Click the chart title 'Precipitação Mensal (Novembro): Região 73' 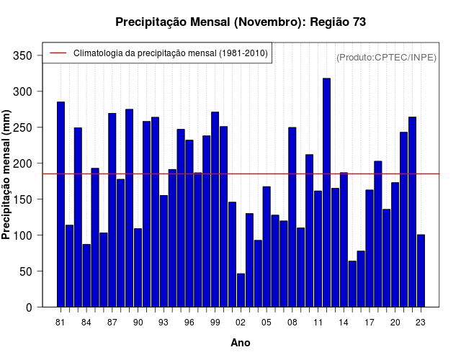coord(241,22)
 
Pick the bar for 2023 coord(421,271)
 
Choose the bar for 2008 coord(292,217)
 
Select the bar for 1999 coord(215,210)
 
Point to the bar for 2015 coord(352,284)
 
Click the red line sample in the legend coord(58,53)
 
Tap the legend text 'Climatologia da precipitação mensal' coord(170,53)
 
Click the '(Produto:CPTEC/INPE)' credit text coord(386,57)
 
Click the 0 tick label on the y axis coord(28,307)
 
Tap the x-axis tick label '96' coord(189,323)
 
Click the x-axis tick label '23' coord(421,323)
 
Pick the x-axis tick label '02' coord(241,323)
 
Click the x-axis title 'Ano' coord(241,343)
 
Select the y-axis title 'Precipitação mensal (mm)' coord(6,179)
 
